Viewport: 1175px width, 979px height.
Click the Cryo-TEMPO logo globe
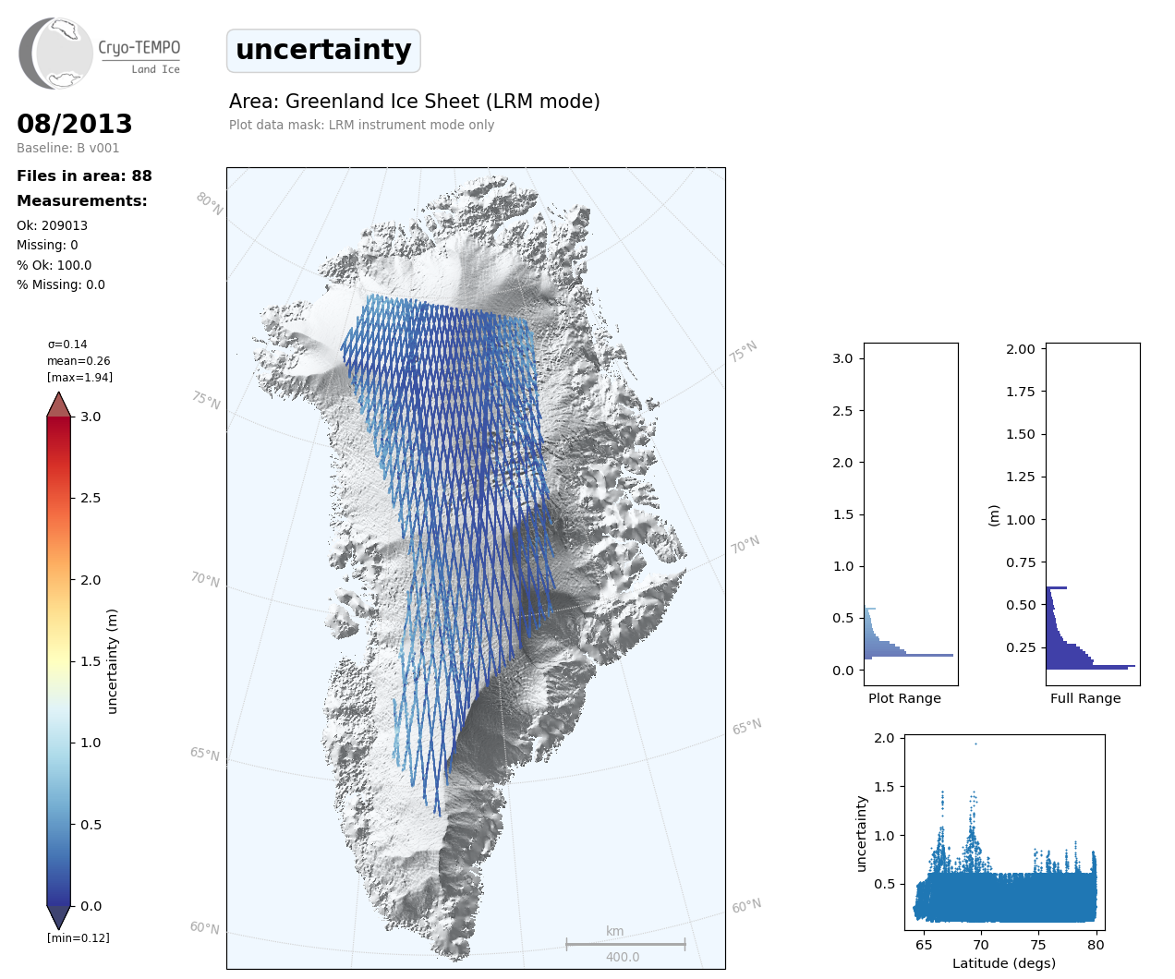point(56,54)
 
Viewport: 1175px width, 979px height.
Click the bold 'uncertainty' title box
point(323,50)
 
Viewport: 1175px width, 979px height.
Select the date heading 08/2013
point(75,124)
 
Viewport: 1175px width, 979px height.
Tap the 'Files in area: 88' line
point(84,176)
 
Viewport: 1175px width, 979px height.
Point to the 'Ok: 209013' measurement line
point(52,225)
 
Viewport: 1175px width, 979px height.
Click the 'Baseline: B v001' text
point(67,148)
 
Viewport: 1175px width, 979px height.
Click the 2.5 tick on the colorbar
point(90,498)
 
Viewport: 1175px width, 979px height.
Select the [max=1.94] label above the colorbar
point(79,377)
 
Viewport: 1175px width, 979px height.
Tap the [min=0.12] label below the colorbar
point(79,937)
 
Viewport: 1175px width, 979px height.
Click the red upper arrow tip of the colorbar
point(59,403)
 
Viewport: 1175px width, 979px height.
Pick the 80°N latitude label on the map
point(209,204)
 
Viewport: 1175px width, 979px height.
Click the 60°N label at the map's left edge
point(204,927)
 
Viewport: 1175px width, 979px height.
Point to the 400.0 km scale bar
point(625,944)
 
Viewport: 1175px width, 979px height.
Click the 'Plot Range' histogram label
point(904,698)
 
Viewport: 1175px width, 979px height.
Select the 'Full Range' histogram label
point(1085,698)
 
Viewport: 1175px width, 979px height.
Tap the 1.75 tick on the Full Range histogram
point(1020,392)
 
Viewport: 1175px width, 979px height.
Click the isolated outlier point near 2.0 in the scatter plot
point(975,743)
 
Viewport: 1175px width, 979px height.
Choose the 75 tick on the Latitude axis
point(1038,944)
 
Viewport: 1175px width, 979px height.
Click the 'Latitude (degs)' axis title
point(1004,963)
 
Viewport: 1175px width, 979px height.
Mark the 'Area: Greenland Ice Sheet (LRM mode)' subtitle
point(415,102)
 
